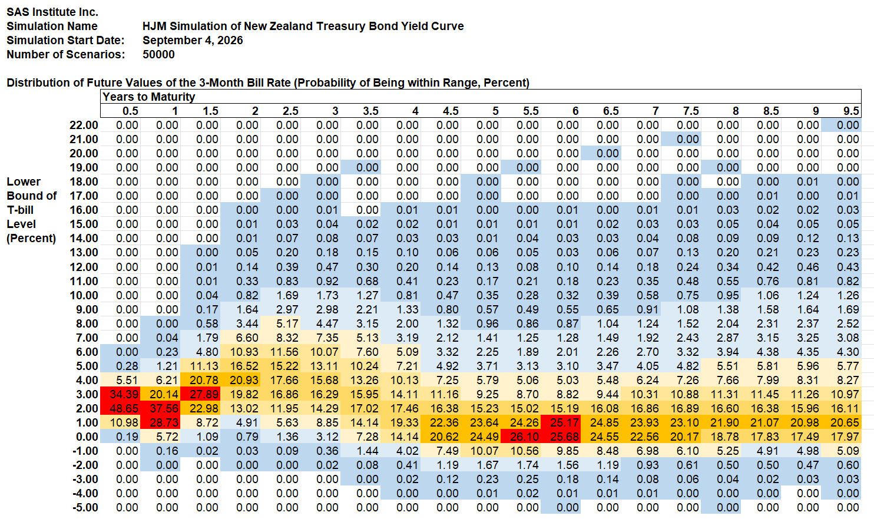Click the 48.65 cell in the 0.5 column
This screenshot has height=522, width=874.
click(x=120, y=408)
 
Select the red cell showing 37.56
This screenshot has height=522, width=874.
click(x=160, y=408)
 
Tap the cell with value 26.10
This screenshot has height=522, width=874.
click(x=521, y=437)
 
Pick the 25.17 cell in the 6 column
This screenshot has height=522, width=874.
click(x=561, y=422)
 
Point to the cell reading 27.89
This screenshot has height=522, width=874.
click(x=200, y=394)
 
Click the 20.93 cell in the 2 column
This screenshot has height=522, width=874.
click(x=240, y=380)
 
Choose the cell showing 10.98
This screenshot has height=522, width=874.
click(x=120, y=422)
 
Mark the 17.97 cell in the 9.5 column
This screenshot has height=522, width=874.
click(x=841, y=437)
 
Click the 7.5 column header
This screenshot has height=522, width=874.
click(x=691, y=111)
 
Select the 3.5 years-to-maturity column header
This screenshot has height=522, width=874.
click(x=370, y=111)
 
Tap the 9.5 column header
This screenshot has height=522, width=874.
click(x=850, y=111)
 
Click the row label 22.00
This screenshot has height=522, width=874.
click(x=84, y=125)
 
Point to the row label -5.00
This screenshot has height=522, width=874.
click(x=85, y=507)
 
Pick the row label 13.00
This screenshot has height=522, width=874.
click(x=84, y=253)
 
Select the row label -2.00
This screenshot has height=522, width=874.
click(x=85, y=465)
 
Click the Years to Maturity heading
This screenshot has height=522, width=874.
click(x=148, y=97)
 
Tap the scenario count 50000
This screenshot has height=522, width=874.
click(x=158, y=54)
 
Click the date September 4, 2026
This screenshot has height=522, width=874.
click(x=193, y=40)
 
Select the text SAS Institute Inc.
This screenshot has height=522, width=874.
click(x=52, y=12)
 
